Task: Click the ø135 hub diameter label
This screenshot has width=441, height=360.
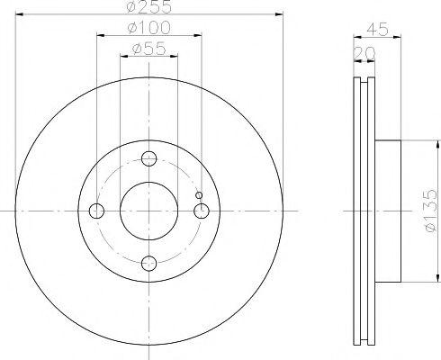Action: tap(431, 211)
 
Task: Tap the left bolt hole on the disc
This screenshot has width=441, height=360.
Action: tap(97, 211)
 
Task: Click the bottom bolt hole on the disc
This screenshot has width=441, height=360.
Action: tap(149, 263)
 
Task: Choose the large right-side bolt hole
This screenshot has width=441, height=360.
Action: tap(202, 211)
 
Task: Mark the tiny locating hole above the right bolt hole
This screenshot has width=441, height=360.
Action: tap(200, 195)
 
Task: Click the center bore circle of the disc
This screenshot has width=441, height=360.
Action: tap(149, 211)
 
